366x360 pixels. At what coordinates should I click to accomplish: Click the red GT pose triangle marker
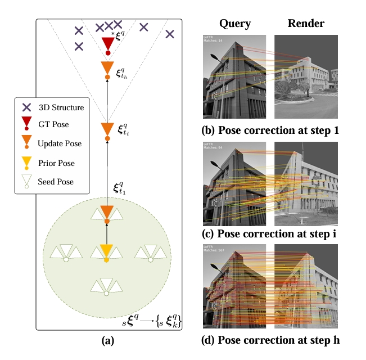(x=108, y=44)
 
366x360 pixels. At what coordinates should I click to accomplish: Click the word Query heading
(x=235, y=24)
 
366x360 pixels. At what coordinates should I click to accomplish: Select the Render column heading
(x=306, y=24)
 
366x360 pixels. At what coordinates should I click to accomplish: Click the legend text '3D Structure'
(x=61, y=107)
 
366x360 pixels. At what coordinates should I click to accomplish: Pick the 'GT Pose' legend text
(x=53, y=125)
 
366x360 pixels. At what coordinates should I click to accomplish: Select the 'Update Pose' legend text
(x=60, y=143)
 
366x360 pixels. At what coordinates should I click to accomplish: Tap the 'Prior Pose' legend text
(x=56, y=163)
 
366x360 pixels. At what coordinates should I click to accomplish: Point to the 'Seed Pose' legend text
(x=56, y=182)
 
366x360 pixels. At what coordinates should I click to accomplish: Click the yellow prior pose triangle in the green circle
(x=107, y=251)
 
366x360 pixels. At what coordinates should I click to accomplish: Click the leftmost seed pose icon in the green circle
(x=66, y=253)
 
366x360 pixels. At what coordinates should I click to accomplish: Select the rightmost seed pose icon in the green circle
(x=147, y=253)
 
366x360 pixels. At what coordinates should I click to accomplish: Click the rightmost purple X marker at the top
(x=170, y=34)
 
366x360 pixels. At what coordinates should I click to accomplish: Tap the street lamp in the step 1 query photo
(x=216, y=57)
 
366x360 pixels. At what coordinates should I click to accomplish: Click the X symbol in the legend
(x=26, y=107)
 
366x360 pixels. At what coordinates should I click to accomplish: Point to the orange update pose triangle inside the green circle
(x=107, y=213)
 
